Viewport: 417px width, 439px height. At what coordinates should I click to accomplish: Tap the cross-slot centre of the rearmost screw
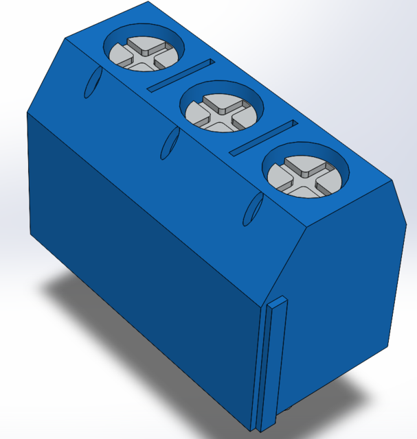click(x=144, y=56)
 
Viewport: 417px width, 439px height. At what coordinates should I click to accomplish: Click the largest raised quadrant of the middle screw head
click(x=221, y=104)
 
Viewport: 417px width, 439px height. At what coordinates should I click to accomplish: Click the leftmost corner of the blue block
click(x=27, y=113)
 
